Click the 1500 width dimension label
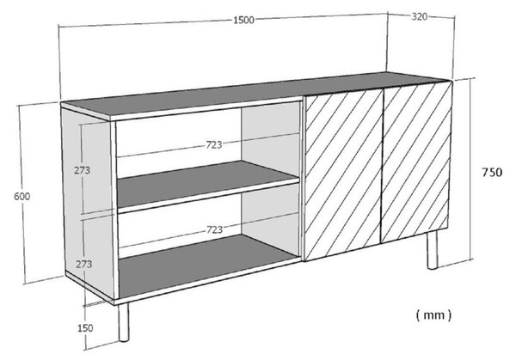pyautogui.click(x=244, y=20)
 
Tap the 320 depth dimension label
pyautogui.click(x=420, y=16)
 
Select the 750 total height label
pyautogui.click(x=492, y=173)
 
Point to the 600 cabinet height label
pyautogui.click(x=22, y=196)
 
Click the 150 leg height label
pyautogui.click(x=85, y=328)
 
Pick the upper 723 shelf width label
pyautogui.click(x=214, y=144)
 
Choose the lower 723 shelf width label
pyautogui.click(x=214, y=229)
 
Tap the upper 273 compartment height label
pyautogui.click(x=82, y=170)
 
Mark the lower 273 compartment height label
pyautogui.click(x=84, y=264)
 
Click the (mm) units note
pyautogui.click(x=433, y=315)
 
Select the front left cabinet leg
pyautogui.click(x=124, y=322)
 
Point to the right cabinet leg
pyautogui.click(x=433, y=250)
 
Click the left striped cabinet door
pyautogui.click(x=342, y=175)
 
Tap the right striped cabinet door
pyautogui.click(x=416, y=162)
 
